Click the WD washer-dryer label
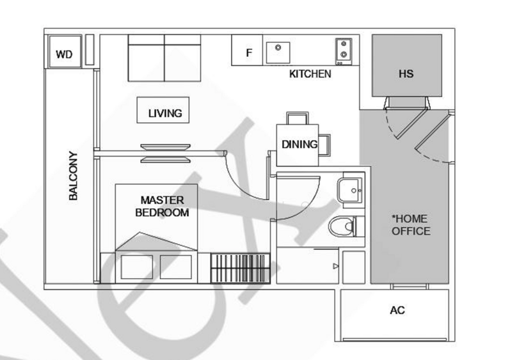64,54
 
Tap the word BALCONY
73,176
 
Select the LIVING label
165,113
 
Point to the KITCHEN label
310,74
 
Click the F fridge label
249,52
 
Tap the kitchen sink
278,52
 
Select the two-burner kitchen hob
344,52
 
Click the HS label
406,74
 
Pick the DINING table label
300,145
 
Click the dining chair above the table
297,118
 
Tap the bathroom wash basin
350,191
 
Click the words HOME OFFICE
411,225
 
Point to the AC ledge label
397,310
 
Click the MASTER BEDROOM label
162,207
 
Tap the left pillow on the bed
137,267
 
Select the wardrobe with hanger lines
241,269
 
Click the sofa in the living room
164,58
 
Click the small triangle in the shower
335,267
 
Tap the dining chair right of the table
324,145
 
